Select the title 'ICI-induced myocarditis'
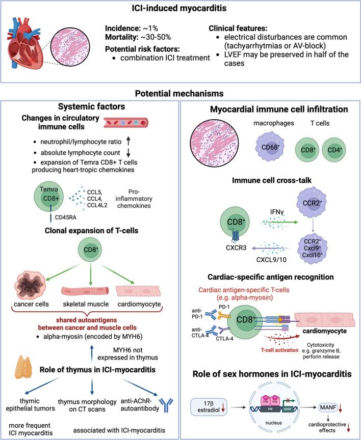(181, 9)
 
